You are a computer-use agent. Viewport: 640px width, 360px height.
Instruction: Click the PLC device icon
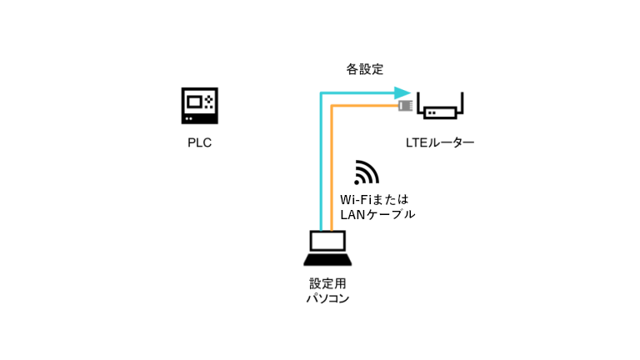pyautogui.click(x=199, y=105)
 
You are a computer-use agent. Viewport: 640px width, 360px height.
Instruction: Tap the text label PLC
pyautogui.click(x=199, y=142)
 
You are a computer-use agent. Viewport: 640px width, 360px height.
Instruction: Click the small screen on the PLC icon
pyautogui.click(x=195, y=102)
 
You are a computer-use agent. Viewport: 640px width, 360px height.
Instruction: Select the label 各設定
pyautogui.click(x=365, y=70)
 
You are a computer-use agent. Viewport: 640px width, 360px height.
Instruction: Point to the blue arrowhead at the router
pyautogui.click(x=404, y=92)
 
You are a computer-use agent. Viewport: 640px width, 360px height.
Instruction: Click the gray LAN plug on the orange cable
pyautogui.click(x=406, y=106)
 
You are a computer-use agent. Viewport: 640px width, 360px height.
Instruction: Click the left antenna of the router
pyautogui.click(x=419, y=102)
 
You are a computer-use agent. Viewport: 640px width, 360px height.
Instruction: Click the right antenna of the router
pyautogui.click(x=462, y=102)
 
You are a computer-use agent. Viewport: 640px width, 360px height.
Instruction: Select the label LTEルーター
pyautogui.click(x=439, y=143)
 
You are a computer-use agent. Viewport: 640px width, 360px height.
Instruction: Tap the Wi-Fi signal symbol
pyautogui.click(x=366, y=172)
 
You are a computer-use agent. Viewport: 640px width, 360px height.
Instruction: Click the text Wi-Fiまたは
pyautogui.click(x=375, y=199)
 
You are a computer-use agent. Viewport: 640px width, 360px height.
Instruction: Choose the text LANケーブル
pyautogui.click(x=378, y=214)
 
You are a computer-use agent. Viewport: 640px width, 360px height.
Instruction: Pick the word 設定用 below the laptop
pyautogui.click(x=327, y=282)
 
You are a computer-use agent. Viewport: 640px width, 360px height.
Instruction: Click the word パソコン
pyautogui.click(x=327, y=297)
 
